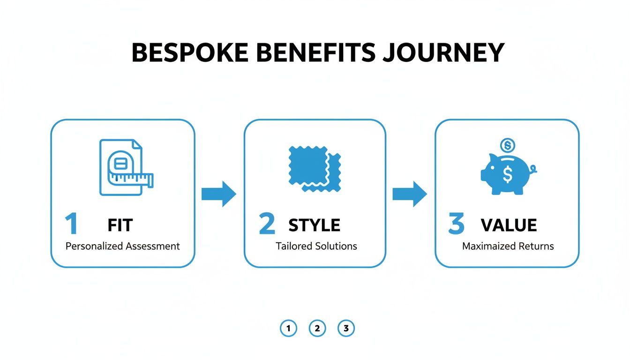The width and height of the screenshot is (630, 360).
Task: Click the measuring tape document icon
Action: (125, 167)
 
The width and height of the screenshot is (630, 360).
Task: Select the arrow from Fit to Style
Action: (219, 194)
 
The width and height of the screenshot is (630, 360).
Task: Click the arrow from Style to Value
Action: (410, 194)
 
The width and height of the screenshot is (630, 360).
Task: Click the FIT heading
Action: (120, 225)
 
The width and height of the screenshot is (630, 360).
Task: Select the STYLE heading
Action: (314, 225)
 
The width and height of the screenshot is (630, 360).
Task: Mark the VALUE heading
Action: (509, 225)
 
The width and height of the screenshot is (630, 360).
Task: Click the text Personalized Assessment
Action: (122, 246)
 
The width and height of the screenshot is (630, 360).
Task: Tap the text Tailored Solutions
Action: (316, 246)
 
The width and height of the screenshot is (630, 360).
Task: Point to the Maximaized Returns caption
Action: (508, 246)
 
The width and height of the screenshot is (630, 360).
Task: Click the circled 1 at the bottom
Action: (288, 329)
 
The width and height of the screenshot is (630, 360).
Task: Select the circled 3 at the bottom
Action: (346, 329)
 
